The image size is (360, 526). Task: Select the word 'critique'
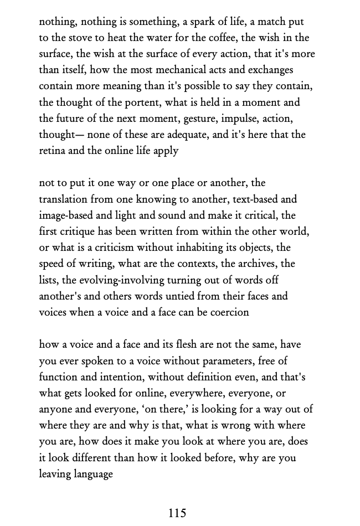pyautogui.click(x=78, y=231)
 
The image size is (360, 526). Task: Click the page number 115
pyautogui.click(x=177, y=513)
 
